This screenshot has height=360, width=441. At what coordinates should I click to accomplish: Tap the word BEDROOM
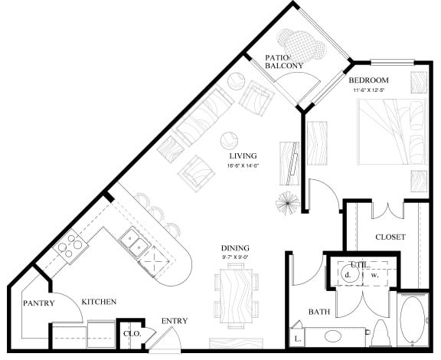coord(369,80)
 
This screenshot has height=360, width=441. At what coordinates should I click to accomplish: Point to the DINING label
coord(235,248)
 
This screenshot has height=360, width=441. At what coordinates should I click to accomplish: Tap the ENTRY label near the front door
coord(175,321)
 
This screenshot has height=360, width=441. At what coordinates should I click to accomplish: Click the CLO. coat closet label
coord(131,334)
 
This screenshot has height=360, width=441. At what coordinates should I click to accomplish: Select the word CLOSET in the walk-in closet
coord(390,237)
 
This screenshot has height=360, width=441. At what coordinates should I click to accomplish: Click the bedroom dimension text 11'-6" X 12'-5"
coord(374,90)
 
